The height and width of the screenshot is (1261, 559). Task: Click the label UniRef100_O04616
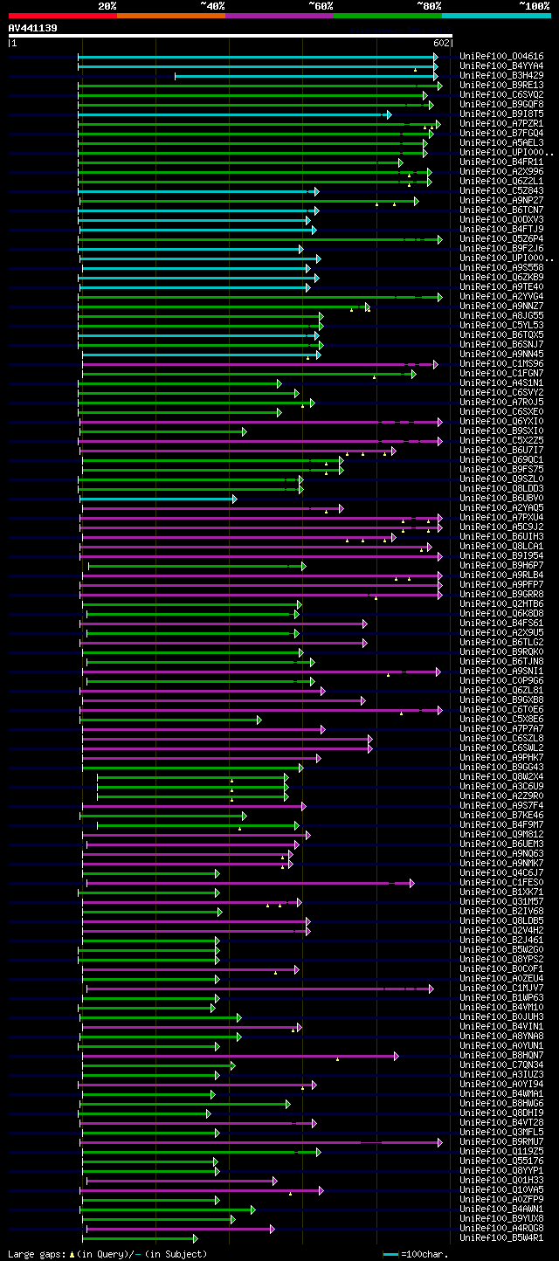(x=500, y=57)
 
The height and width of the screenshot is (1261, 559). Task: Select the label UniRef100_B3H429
(x=500, y=76)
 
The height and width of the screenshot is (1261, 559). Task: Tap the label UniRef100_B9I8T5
(x=500, y=114)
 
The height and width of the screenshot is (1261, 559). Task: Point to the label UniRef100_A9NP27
(x=500, y=201)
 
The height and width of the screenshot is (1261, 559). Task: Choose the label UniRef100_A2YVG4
(x=500, y=297)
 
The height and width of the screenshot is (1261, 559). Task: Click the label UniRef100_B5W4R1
(x=500, y=1237)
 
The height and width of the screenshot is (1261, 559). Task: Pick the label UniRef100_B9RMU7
(x=500, y=1141)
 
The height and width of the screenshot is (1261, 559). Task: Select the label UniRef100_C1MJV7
(x=500, y=988)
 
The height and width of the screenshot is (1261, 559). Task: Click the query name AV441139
(x=33, y=28)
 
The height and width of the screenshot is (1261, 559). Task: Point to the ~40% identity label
(x=212, y=6)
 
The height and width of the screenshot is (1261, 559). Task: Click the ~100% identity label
(x=534, y=6)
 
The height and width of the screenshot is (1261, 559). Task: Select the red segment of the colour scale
(x=62, y=16)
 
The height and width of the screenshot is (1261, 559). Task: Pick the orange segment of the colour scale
(x=170, y=16)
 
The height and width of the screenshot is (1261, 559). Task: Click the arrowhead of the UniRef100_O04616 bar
(x=435, y=57)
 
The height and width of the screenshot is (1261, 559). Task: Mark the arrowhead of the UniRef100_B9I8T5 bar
(x=389, y=114)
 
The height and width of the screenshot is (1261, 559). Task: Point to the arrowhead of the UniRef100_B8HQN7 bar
(x=396, y=1055)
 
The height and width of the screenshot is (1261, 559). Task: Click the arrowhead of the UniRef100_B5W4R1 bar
(x=195, y=1237)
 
